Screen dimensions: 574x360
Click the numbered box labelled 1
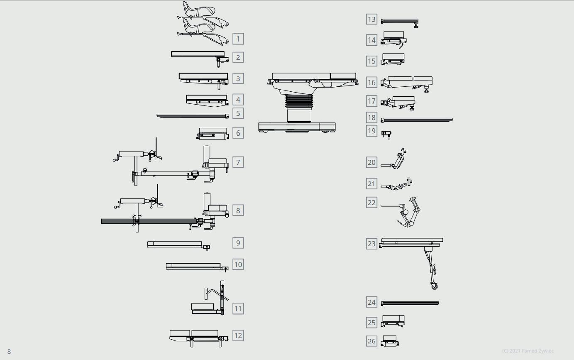[238, 39]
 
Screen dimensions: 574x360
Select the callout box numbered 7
[238, 162]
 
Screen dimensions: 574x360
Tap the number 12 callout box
[238, 336]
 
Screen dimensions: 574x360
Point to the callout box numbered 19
[371, 131]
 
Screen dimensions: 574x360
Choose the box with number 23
[371, 244]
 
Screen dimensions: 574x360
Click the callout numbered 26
[371, 341]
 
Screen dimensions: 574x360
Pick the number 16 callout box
[371, 82]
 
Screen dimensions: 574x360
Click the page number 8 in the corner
[9, 352]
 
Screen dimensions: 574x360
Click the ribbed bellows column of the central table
[298, 102]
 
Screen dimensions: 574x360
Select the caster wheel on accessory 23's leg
[435, 286]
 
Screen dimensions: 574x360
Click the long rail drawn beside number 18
[417, 120]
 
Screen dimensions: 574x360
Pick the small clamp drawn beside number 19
[387, 134]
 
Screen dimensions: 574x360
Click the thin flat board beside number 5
[192, 115]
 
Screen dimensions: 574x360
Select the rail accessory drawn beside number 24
[410, 303]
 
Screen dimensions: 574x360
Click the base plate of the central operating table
[297, 126]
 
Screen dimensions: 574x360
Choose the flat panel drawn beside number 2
[198, 54]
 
